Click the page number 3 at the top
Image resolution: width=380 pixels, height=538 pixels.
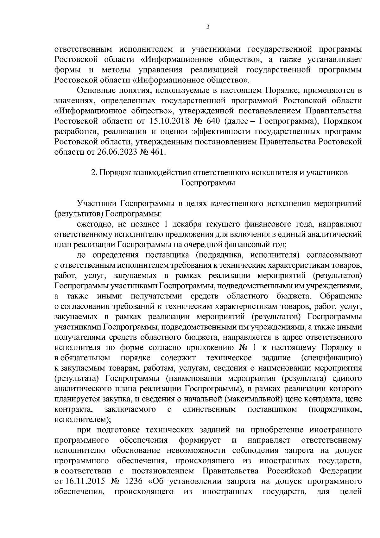click(208, 27)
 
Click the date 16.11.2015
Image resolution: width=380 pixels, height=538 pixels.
click(83, 490)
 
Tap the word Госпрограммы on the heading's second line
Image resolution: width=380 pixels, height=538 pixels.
click(208, 183)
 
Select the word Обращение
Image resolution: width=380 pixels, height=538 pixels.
click(341, 296)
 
